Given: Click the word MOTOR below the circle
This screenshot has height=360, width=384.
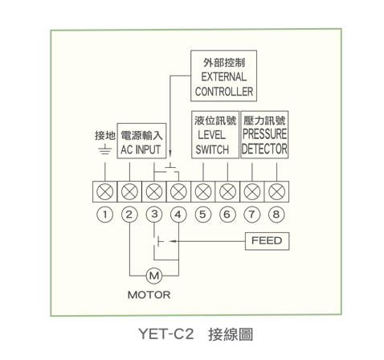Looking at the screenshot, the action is pyautogui.click(x=149, y=295).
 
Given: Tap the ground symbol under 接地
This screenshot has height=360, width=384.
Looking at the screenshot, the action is pyautogui.click(x=105, y=150).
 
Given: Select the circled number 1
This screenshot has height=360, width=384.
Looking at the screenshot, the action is pyautogui.click(x=104, y=215).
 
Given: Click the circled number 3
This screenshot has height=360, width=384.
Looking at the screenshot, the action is pyautogui.click(x=154, y=215).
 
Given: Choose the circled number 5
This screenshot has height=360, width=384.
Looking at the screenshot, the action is pyautogui.click(x=203, y=215).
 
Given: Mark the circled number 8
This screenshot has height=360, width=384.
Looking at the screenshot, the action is pyautogui.click(x=276, y=215).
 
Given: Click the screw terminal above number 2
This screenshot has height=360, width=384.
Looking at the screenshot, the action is pyautogui.click(x=129, y=192).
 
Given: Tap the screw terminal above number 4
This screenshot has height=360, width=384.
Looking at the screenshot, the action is pyautogui.click(x=178, y=192).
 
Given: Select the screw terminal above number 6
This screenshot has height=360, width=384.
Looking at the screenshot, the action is pyautogui.click(x=227, y=192).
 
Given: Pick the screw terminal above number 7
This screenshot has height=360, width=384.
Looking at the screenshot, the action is pyautogui.click(x=252, y=192).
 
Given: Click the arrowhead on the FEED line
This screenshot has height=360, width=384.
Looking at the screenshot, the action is pyautogui.click(x=173, y=241).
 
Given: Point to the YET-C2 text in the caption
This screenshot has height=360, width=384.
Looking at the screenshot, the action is pyautogui.click(x=166, y=334).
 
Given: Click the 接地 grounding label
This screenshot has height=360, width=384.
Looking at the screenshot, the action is pyautogui.click(x=105, y=136).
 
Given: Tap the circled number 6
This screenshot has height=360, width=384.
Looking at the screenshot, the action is pyautogui.click(x=227, y=215).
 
